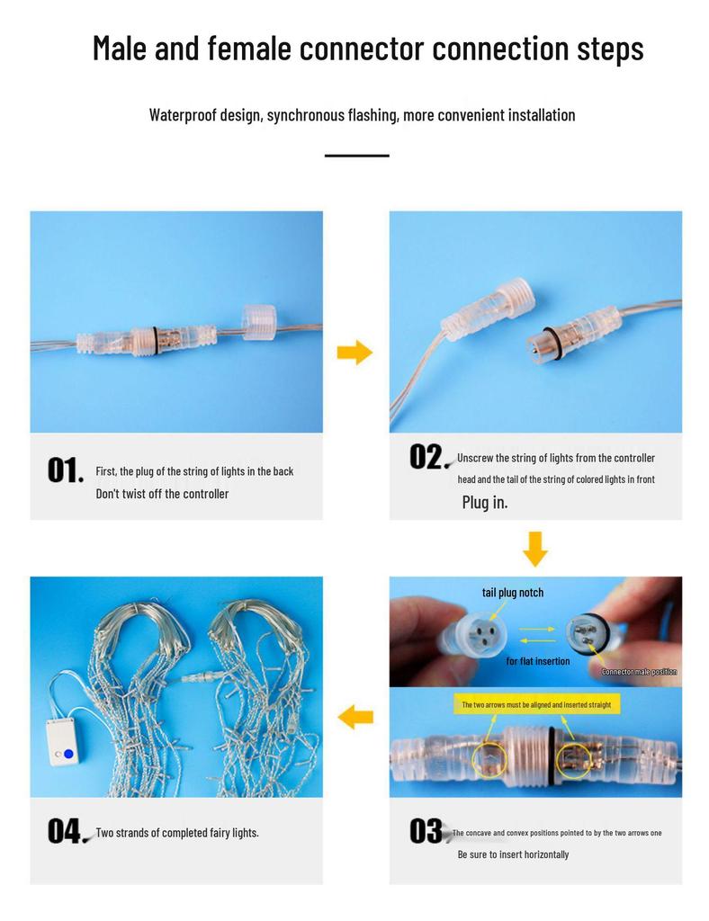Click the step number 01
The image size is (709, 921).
[x=65, y=470]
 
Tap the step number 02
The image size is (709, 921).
[x=426, y=457]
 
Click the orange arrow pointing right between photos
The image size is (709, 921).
[x=354, y=353]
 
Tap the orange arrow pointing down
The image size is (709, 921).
[x=535, y=550]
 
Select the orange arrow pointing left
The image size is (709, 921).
[x=355, y=717]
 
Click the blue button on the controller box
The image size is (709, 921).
[x=68, y=754]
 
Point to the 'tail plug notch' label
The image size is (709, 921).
[x=513, y=593]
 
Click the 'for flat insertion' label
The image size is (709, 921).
[x=538, y=661]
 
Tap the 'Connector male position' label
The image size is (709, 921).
[x=639, y=671]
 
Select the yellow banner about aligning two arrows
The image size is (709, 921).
[x=536, y=704]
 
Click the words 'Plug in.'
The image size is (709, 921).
[x=485, y=502]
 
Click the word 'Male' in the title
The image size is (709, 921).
[x=120, y=49]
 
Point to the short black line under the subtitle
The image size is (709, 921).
[x=357, y=156]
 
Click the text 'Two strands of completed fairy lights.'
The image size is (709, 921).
[x=177, y=833]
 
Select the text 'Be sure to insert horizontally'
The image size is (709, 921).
[x=514, y=854]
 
